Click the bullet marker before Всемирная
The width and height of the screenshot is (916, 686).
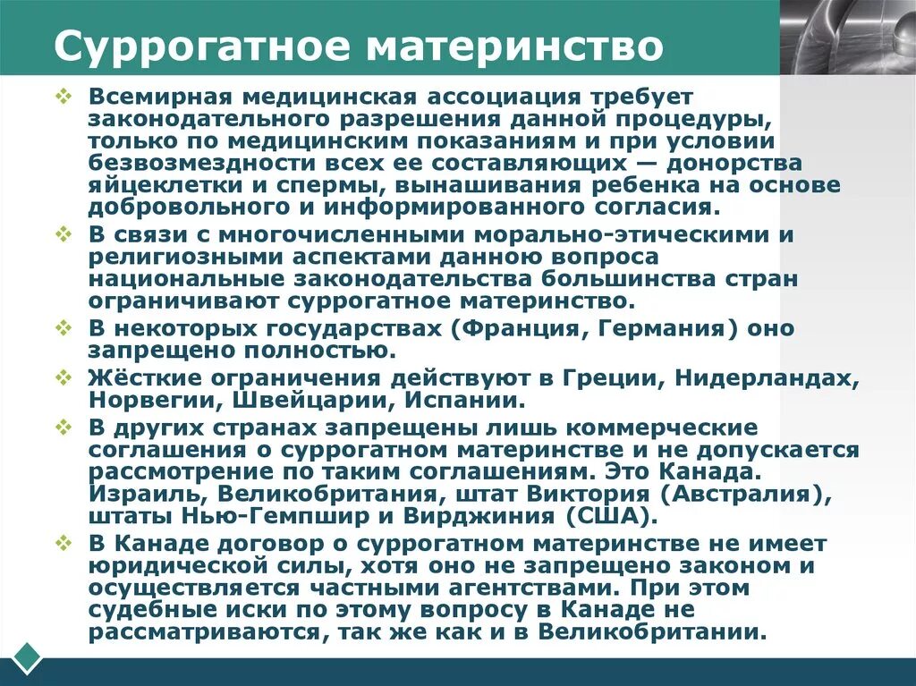(63, 95)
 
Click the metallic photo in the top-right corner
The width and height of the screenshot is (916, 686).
(847, 37)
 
